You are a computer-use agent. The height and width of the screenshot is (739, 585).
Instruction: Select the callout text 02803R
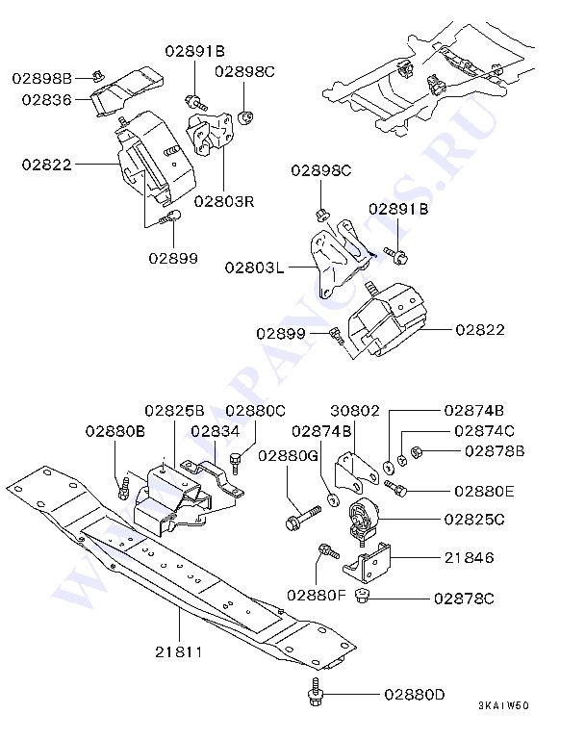click(223, 202)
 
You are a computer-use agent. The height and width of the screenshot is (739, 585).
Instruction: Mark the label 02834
click(216, 431)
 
